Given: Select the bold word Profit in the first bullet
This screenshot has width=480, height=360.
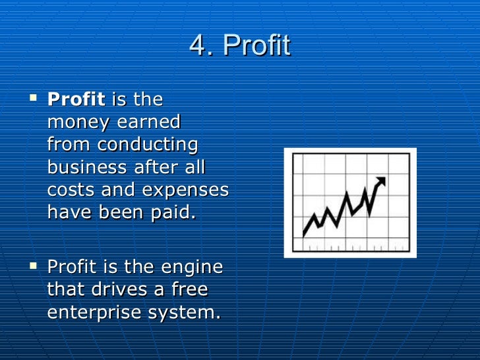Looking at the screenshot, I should tap(76, 100).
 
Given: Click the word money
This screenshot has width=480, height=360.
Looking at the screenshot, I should tap(75, 123).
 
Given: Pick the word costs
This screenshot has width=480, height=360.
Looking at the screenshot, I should tap(69, 190).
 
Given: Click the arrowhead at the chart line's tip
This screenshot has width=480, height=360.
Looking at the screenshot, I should tap(380, 180).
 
